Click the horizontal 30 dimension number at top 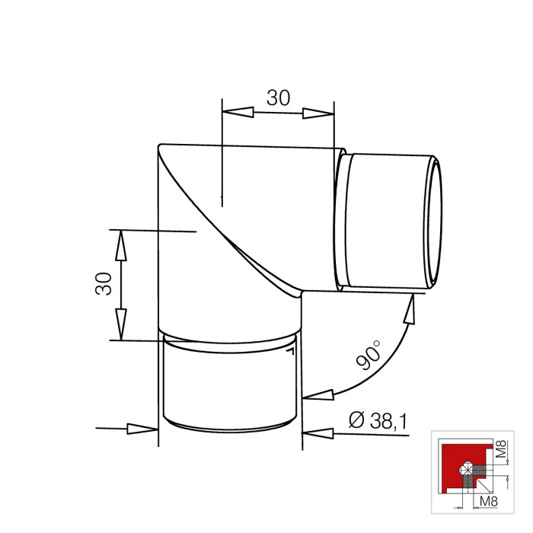279,97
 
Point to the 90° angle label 368,356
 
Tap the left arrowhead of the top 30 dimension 237,113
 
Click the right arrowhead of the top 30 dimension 318,113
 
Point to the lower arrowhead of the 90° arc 319,395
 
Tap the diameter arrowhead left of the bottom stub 142,429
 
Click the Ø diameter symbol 354,420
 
